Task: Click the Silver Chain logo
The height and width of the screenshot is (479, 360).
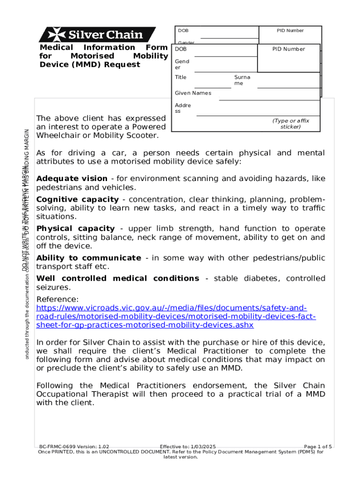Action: point(91,35)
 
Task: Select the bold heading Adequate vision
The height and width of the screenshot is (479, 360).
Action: point(72,179)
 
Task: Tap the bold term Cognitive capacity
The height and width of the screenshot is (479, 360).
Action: point(77,200)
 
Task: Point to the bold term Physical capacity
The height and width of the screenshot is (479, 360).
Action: point(75,229)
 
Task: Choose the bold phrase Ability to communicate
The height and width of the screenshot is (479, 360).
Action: point(88,258)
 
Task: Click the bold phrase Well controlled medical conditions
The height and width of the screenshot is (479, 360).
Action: point(118,279)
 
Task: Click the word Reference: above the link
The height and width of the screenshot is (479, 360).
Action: point(58,299)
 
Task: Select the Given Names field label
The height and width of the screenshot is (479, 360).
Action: point(193,93)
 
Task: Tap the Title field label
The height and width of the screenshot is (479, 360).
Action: point(180,77)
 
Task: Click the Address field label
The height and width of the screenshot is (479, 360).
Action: point(182,108)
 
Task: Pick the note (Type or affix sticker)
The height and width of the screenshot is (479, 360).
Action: point(290,123)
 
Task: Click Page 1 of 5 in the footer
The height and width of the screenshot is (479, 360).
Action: point(318,447)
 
